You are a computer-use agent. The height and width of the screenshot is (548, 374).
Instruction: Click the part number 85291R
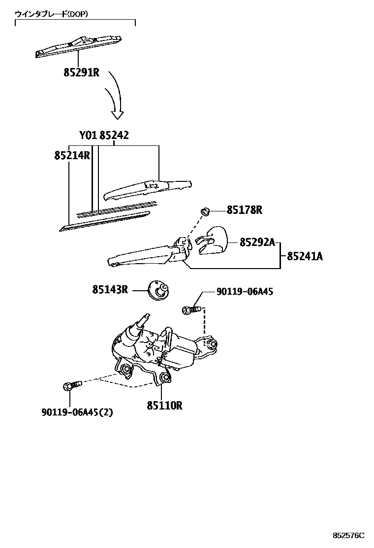[82, 73]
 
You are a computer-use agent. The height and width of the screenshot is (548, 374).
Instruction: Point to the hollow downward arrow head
[117, 114]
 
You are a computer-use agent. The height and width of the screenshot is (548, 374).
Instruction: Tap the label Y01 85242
[104, 136]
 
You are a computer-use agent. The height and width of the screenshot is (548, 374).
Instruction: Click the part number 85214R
[72, 156]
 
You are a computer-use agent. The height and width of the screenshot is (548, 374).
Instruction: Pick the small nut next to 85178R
[206, 211]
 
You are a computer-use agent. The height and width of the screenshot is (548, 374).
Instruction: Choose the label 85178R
[244, 210]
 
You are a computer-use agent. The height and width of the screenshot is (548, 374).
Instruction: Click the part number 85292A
[257, 242]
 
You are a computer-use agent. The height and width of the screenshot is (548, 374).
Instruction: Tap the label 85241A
[305, 256]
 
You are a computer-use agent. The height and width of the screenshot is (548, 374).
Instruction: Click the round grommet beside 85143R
[158, 290]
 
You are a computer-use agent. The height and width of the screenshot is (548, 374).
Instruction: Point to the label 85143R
[110, 289]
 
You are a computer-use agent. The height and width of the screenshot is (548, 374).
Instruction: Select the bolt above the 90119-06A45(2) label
[70, 386]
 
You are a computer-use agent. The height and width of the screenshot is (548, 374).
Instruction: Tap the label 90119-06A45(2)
[77, 412]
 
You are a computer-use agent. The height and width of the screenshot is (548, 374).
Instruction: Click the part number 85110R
[164, 406]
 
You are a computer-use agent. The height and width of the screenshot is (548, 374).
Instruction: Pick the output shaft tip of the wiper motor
[146, 316]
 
